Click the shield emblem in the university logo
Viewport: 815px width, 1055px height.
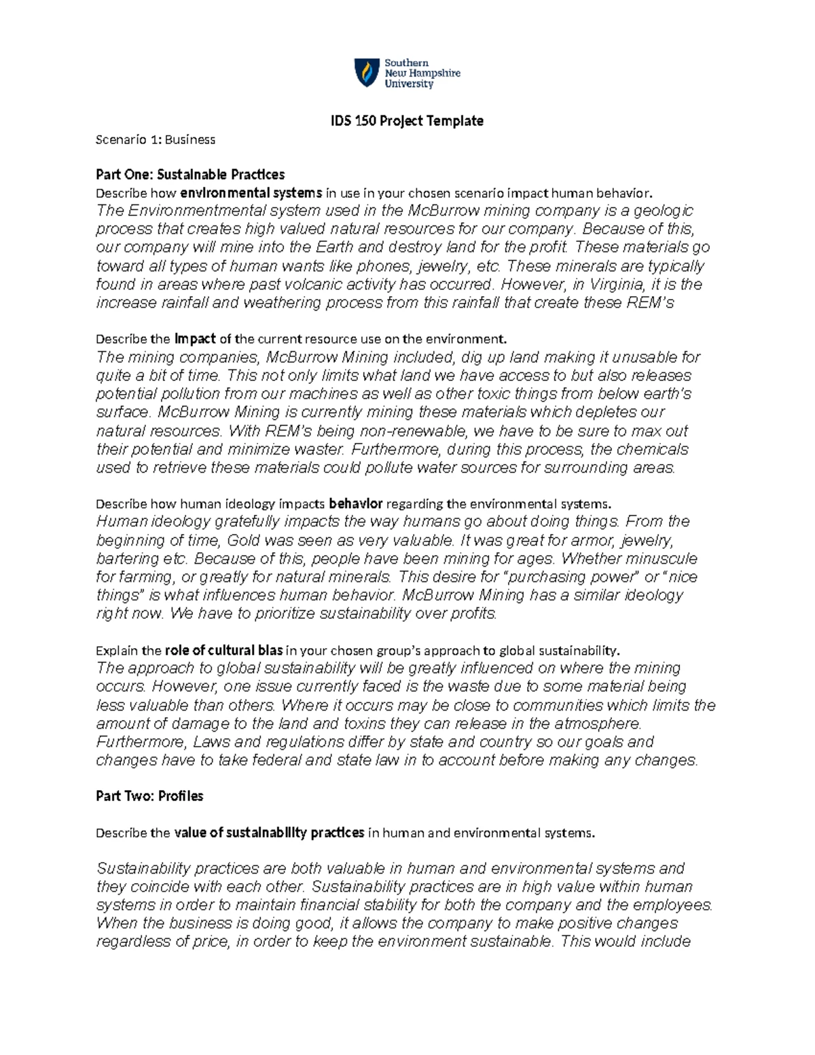point(366,73)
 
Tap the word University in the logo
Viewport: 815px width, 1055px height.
point(409,84)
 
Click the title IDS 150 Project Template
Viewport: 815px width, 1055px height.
point(407,121)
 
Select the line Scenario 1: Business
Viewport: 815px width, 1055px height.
point(156,139)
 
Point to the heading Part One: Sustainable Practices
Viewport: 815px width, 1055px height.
point(190,175)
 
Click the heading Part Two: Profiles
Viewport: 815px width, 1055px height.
point(149,795)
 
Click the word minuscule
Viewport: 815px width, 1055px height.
point(657,559)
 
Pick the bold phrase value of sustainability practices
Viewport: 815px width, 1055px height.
point(270,833)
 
